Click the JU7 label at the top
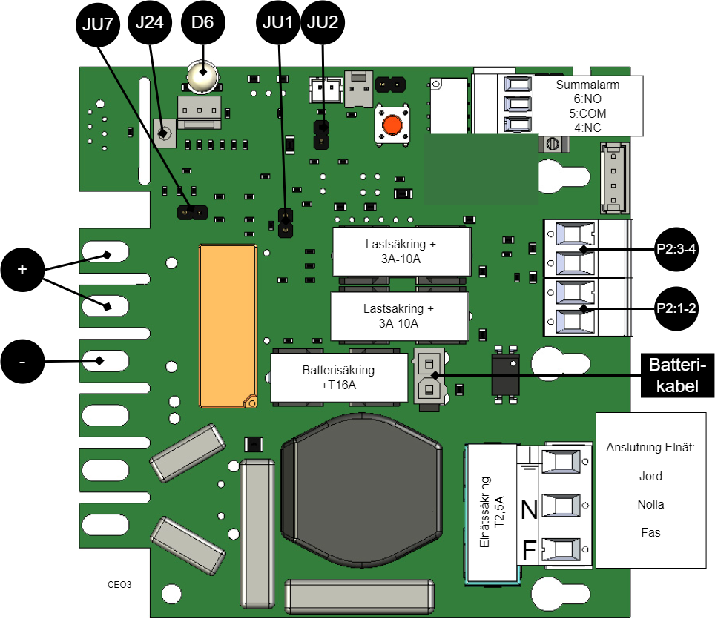coord(97,24)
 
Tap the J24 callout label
coord(150,22)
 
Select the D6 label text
coord(202,22)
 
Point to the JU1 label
coord(278,22)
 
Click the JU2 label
coord(322,22)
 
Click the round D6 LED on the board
coord(201,76)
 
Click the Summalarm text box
coord(587,106)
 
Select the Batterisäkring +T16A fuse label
coord(338,377)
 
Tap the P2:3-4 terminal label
coord(676,250)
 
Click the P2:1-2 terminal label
coord(676,308)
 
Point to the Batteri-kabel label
coord(677,374)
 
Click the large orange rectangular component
coord(228,326)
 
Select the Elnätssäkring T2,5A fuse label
coord(492,512)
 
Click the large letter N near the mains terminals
coord(529,510)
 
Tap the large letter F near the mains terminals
coord(530,551)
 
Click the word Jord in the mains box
coord(650,476)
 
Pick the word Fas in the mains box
coord(650,532)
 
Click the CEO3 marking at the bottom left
coord(119,584)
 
